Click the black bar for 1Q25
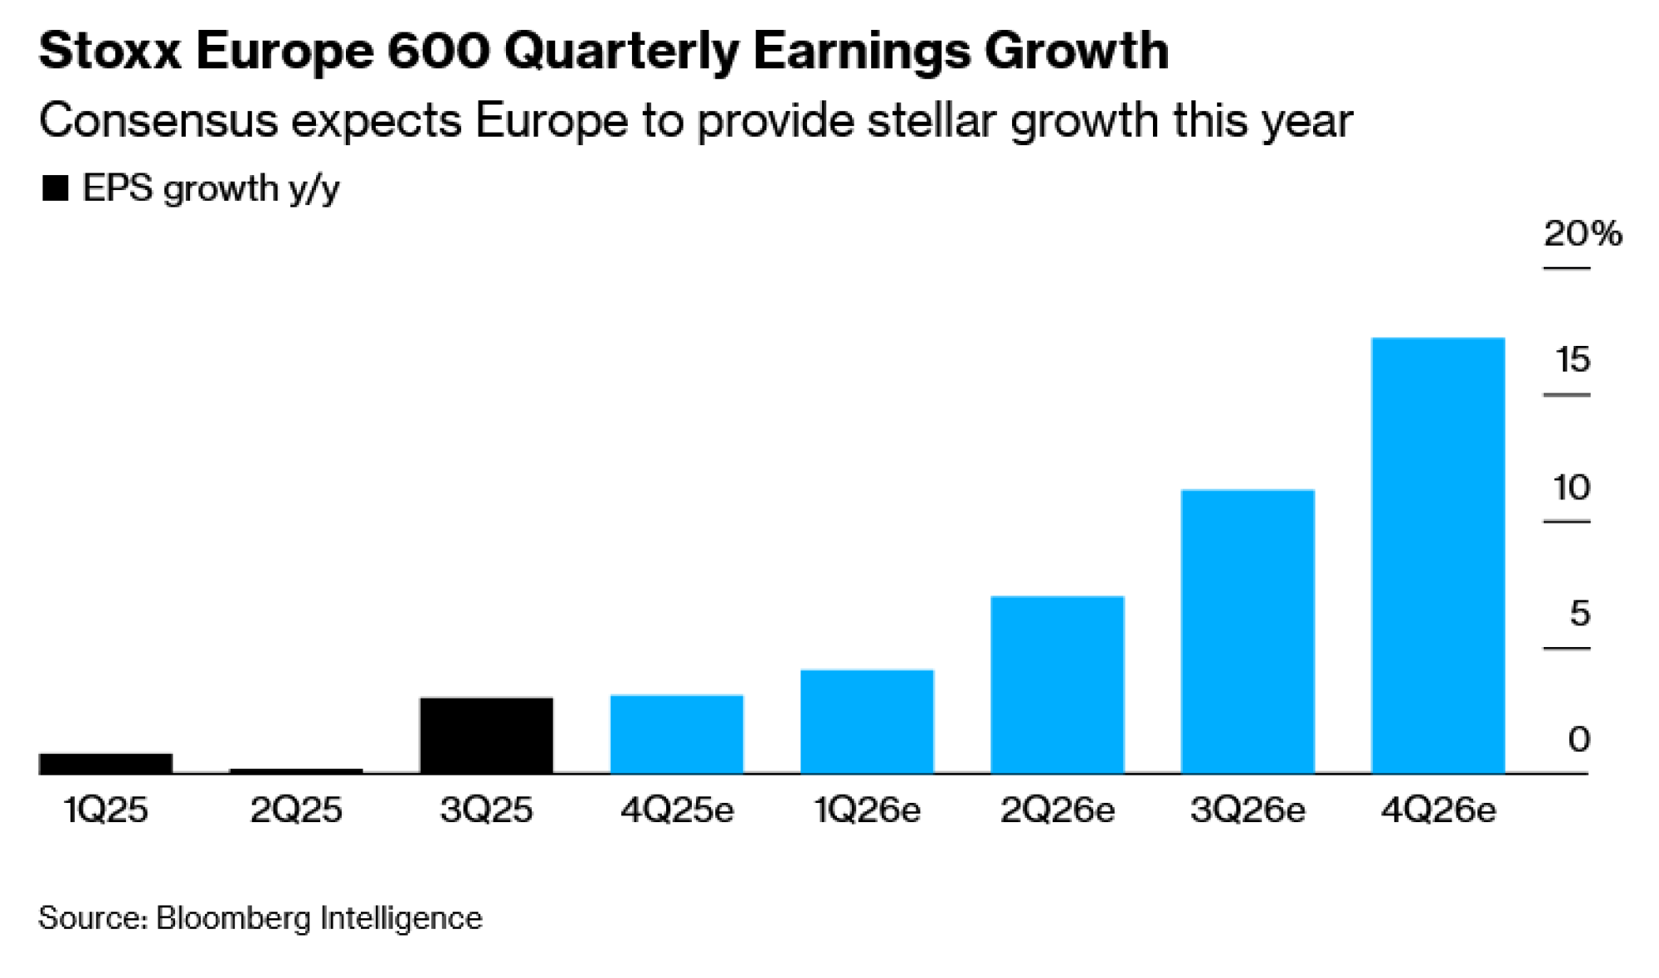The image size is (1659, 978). tap(105, 763)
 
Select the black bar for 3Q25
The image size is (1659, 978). tap(486, 735)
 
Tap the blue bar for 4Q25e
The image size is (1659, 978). tap(677, 734)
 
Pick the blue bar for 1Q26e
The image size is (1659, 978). tap(867, 722)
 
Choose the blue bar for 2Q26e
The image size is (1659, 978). tap(1058, 684)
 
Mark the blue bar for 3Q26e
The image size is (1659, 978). tap(1248, 631)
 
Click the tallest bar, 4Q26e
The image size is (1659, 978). tap(1438, 556)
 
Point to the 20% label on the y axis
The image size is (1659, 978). tap(1582, 234)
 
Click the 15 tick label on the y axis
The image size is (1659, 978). tap(1573, 360)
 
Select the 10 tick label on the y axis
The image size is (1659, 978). tap(1572, 488)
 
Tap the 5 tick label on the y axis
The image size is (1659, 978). tap(1579, 614)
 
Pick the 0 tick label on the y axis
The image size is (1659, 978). tap(1579, 739)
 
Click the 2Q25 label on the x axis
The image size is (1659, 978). tap(296, 810)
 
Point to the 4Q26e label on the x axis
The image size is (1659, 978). tap(1438, 810)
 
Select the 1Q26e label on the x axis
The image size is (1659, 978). tap(867, 810)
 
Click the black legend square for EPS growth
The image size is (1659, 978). tap(55, 189)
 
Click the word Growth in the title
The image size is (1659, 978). tap(1076, 51)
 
